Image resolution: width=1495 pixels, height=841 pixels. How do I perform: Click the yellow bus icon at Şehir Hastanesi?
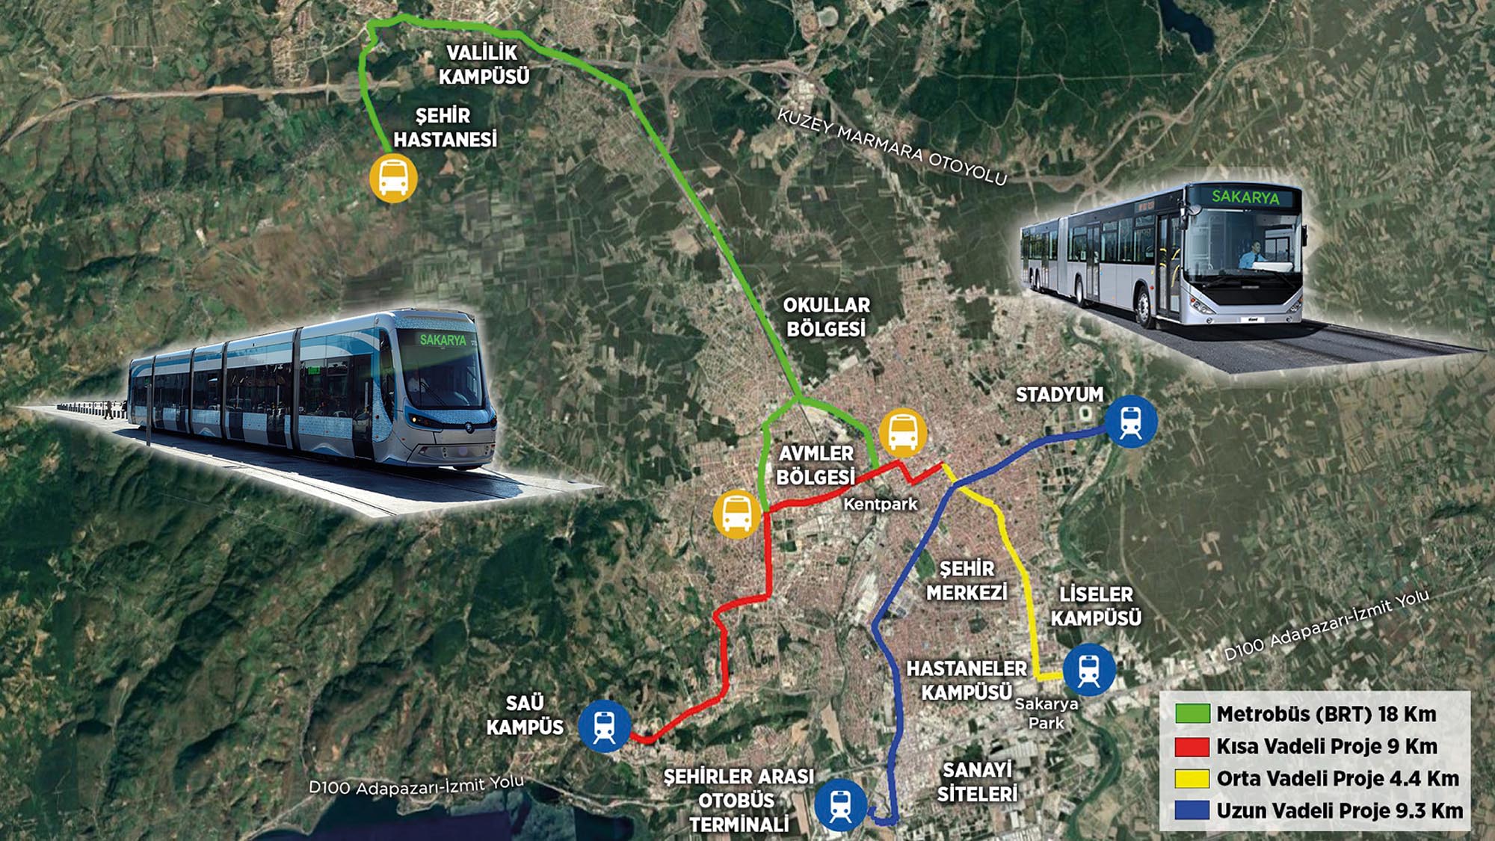coord(393,178)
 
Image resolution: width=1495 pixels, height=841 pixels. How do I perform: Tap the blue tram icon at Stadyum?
coord(1131,422)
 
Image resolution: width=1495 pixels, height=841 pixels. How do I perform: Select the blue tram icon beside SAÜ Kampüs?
coord(604,725)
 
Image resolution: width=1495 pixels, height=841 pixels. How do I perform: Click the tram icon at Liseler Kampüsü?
coord(1089,670)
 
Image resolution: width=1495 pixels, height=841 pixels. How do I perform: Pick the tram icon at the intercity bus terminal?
coord(840,805)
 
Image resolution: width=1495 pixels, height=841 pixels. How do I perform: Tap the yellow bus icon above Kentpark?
coord(903,433)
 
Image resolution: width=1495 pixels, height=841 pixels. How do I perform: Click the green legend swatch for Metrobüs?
coord(1192,714)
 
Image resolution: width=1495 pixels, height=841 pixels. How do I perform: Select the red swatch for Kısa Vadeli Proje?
coord(1192,746)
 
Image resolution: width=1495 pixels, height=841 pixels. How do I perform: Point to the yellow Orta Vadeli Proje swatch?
coord(1192,778)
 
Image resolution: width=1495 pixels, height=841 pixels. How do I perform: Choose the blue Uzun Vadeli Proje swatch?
coord(1192,810)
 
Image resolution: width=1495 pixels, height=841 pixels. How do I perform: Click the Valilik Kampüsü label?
coord(484,64)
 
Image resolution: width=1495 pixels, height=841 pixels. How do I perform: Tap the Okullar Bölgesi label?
coord(826,317)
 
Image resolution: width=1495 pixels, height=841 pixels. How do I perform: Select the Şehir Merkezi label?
coord(967,581)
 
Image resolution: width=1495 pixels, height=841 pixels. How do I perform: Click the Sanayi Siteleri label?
coord(977,781)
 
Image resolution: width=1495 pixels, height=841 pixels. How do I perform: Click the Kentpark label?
coord(880,504)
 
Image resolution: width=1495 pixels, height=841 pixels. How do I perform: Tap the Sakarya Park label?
coord(1046,713)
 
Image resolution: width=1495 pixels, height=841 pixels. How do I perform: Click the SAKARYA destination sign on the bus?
coord(1245,197)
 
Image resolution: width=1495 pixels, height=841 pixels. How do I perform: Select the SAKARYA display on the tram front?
coord(443,340)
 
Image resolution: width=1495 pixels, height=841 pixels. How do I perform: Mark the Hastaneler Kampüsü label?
coord(967,680)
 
